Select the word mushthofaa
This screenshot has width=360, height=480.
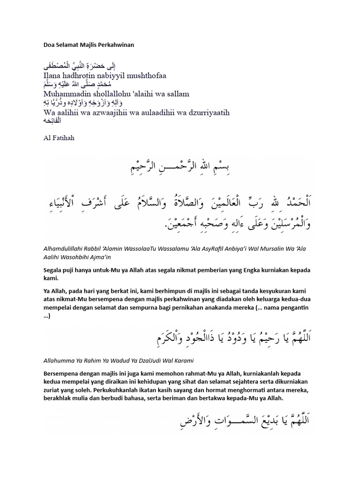[146, 75]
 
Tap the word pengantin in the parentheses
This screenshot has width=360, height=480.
[301, 307]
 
